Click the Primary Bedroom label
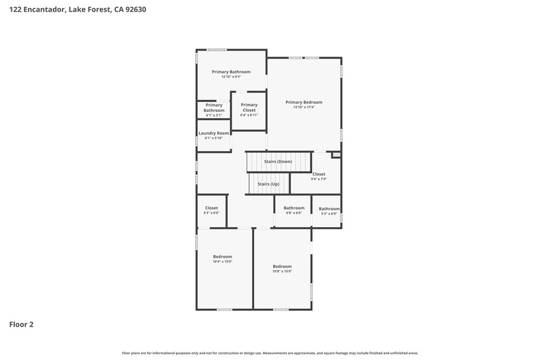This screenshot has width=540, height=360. (x=304, y=102)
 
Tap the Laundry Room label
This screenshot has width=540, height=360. (x=214, y=133)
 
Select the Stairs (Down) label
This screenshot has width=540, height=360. (x=278, y=161)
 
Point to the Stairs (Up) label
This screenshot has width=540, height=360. (x=268, y=184)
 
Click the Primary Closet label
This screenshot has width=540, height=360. (x=249, y=108)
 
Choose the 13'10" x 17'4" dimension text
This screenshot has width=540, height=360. (x=304, y=107)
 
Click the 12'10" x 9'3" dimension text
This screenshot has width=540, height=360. (x=231, y=77)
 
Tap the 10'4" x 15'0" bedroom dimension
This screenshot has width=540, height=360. (x=223, y=261)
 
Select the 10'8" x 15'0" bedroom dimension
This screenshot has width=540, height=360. (x=282, y=271)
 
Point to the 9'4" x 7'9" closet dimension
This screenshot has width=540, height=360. (x=319, y=179)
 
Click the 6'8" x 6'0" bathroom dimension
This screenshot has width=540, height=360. (x=294, y=213)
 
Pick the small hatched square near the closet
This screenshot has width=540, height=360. (x=336, y=155)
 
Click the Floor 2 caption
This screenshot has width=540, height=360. (x=21, y=325)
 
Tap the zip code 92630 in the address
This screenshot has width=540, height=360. (x=136, y=9)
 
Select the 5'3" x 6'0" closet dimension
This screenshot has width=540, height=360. (x=211, y=213)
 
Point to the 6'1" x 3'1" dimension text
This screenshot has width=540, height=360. (x=214, y=115)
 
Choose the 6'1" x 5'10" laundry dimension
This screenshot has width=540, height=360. (x=214, y=138)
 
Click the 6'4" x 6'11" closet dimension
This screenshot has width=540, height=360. (x=249, y=115)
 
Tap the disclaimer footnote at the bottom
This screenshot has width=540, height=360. (x=270, y=353)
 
